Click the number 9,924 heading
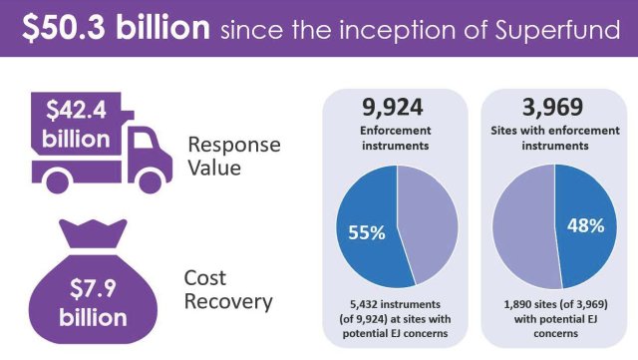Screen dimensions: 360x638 tap(397, 109)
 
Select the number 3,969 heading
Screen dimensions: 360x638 tap(554, 109)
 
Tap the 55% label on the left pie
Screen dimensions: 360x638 tap(367, 232)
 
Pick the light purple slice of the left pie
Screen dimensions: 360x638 tap(429, 219)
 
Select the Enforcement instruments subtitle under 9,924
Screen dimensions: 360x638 tap(397, 139)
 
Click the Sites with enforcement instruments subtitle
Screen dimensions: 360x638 tap(554, 139)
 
